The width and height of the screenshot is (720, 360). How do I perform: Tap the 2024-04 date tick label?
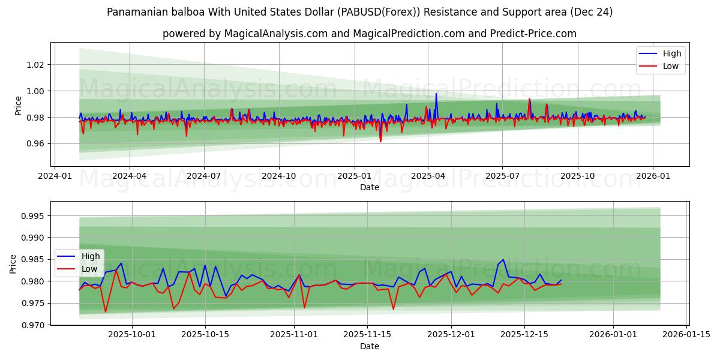pos(129,176)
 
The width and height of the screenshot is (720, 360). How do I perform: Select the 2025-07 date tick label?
pos(502,176)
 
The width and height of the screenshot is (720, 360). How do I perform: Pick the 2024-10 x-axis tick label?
pos(278,176)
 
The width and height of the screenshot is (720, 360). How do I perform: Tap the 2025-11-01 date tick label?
pos(294,335)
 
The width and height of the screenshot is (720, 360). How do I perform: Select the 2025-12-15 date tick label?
pos(524,335)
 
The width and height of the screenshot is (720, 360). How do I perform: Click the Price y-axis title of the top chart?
pos(19,105)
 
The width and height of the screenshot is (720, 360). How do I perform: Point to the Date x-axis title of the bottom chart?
pos(370,346)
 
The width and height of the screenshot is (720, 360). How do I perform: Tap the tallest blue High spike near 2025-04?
pos(436,94)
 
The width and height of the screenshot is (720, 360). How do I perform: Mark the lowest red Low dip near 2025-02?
pos(380,141)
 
